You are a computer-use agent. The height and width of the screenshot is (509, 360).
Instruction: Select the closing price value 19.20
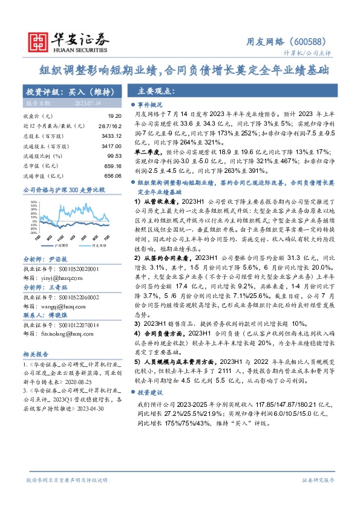115,115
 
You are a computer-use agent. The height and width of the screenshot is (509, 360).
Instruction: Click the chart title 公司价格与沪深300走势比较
63,190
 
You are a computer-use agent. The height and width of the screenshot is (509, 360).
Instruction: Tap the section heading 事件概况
154,105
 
